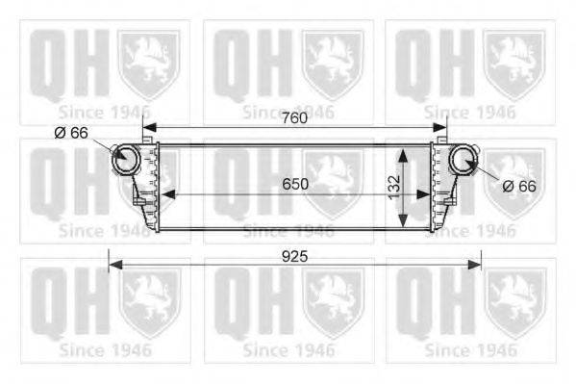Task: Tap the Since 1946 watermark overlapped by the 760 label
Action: point(288,113)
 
